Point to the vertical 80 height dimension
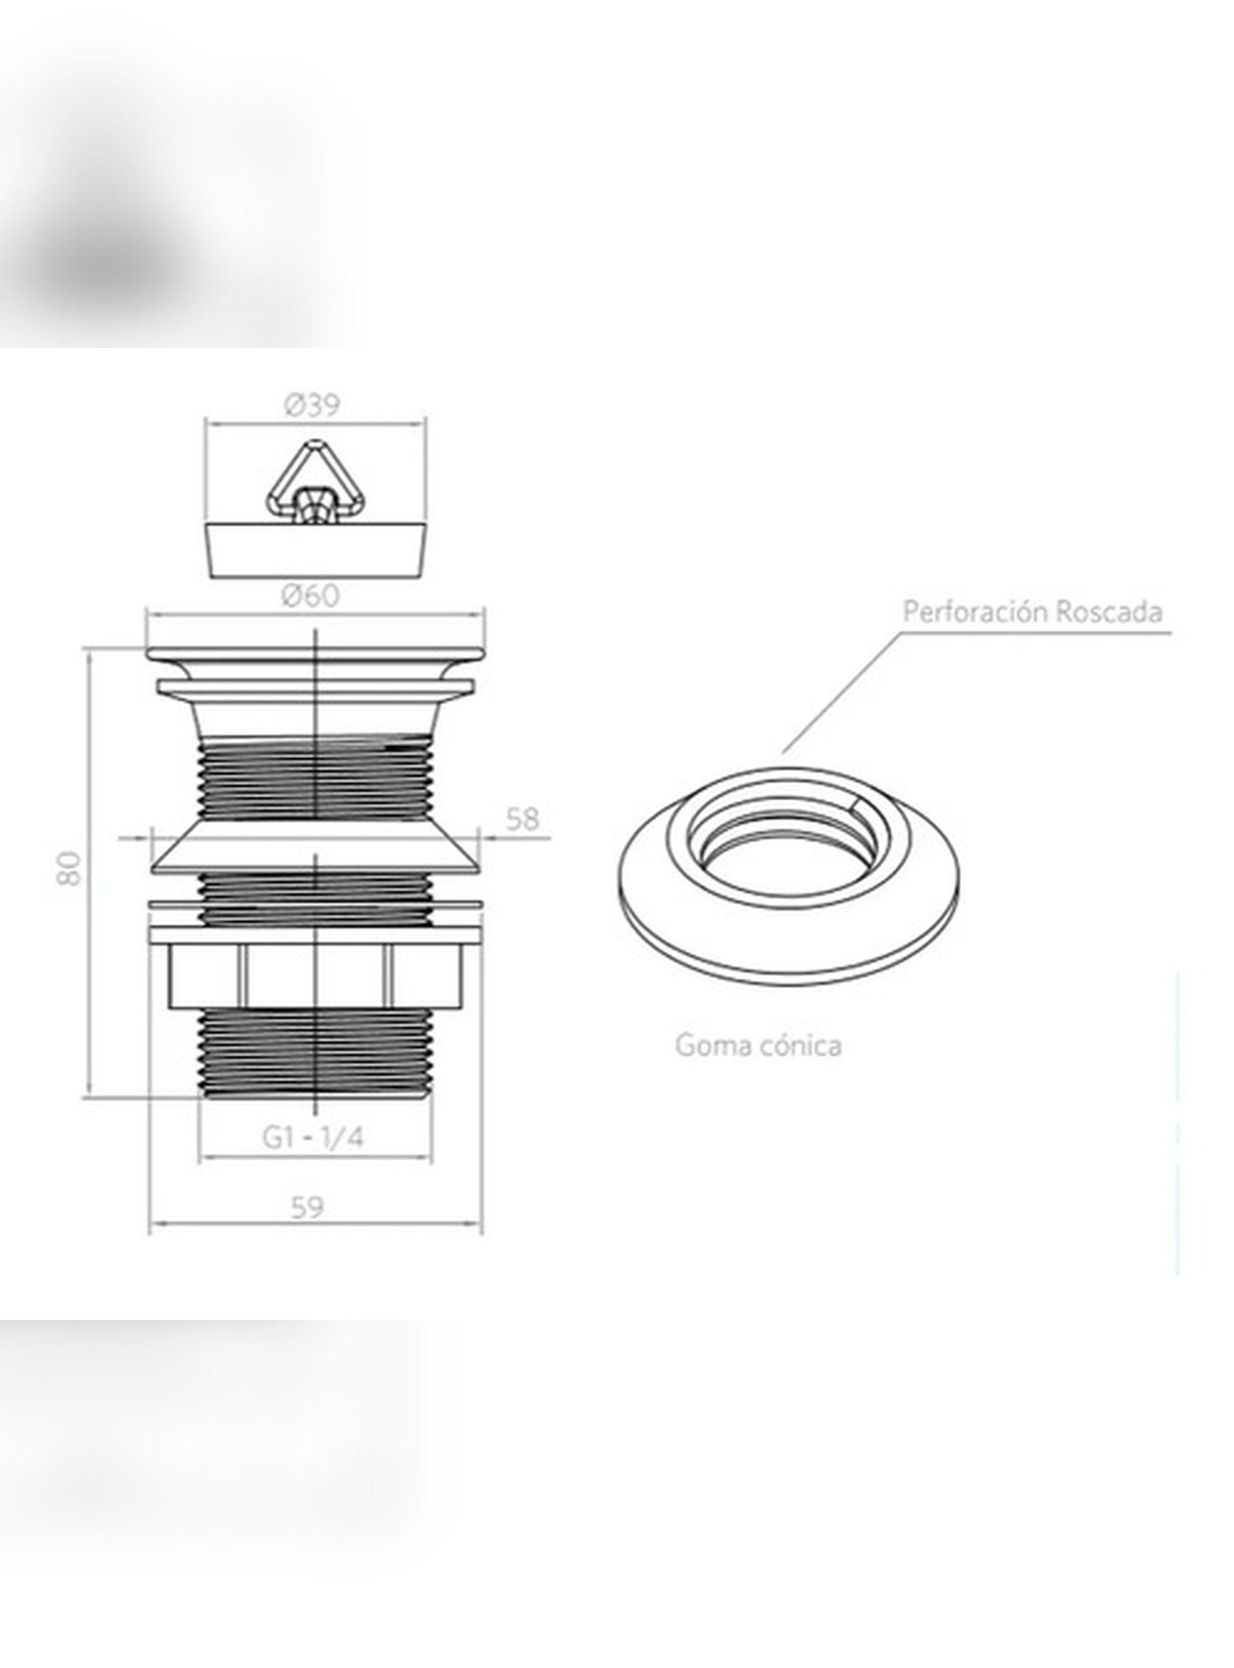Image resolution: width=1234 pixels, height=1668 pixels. (69, 867)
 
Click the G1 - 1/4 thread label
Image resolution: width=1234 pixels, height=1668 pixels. (313, 1137)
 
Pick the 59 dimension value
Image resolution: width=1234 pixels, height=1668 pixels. (307, 1207)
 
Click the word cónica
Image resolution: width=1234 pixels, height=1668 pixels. (801, 1044)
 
